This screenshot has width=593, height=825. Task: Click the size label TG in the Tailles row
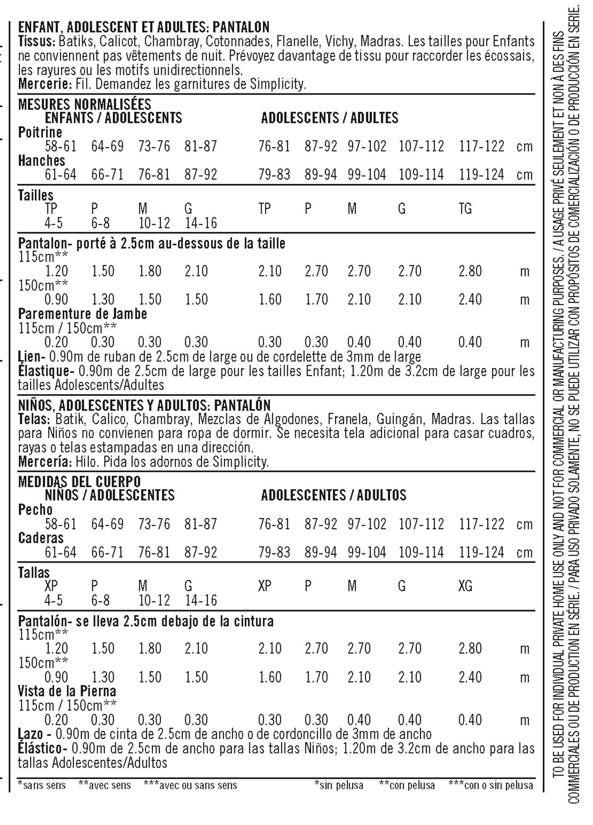(x=465, y=209)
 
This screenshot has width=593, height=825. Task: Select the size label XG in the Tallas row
(x=465, y=586)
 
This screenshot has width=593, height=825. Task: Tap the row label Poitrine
(x=40, y=132)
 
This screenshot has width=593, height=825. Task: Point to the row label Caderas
(x=41, y=538)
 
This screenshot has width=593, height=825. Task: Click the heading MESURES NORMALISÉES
(x=84, y=104)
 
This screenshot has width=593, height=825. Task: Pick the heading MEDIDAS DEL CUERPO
(x=79, y=482)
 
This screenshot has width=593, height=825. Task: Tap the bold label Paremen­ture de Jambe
(x=83, y=314)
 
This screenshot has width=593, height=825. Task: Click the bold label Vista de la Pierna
(x=67, y=691)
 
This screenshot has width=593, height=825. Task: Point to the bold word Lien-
(x=32, y=356)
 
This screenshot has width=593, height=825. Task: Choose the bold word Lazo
(x=31, y=734)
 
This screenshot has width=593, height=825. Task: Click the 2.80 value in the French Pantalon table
(x=470, y=271)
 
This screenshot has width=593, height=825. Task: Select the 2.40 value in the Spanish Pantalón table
(x=470, y=677)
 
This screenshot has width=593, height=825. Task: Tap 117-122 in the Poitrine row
(x=481, y=146)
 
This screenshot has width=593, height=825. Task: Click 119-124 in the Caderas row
(x=481, y=553)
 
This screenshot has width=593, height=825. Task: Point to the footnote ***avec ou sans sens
(x=190, y=785)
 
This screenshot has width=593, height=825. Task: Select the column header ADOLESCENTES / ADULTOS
(x=334, y=495)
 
